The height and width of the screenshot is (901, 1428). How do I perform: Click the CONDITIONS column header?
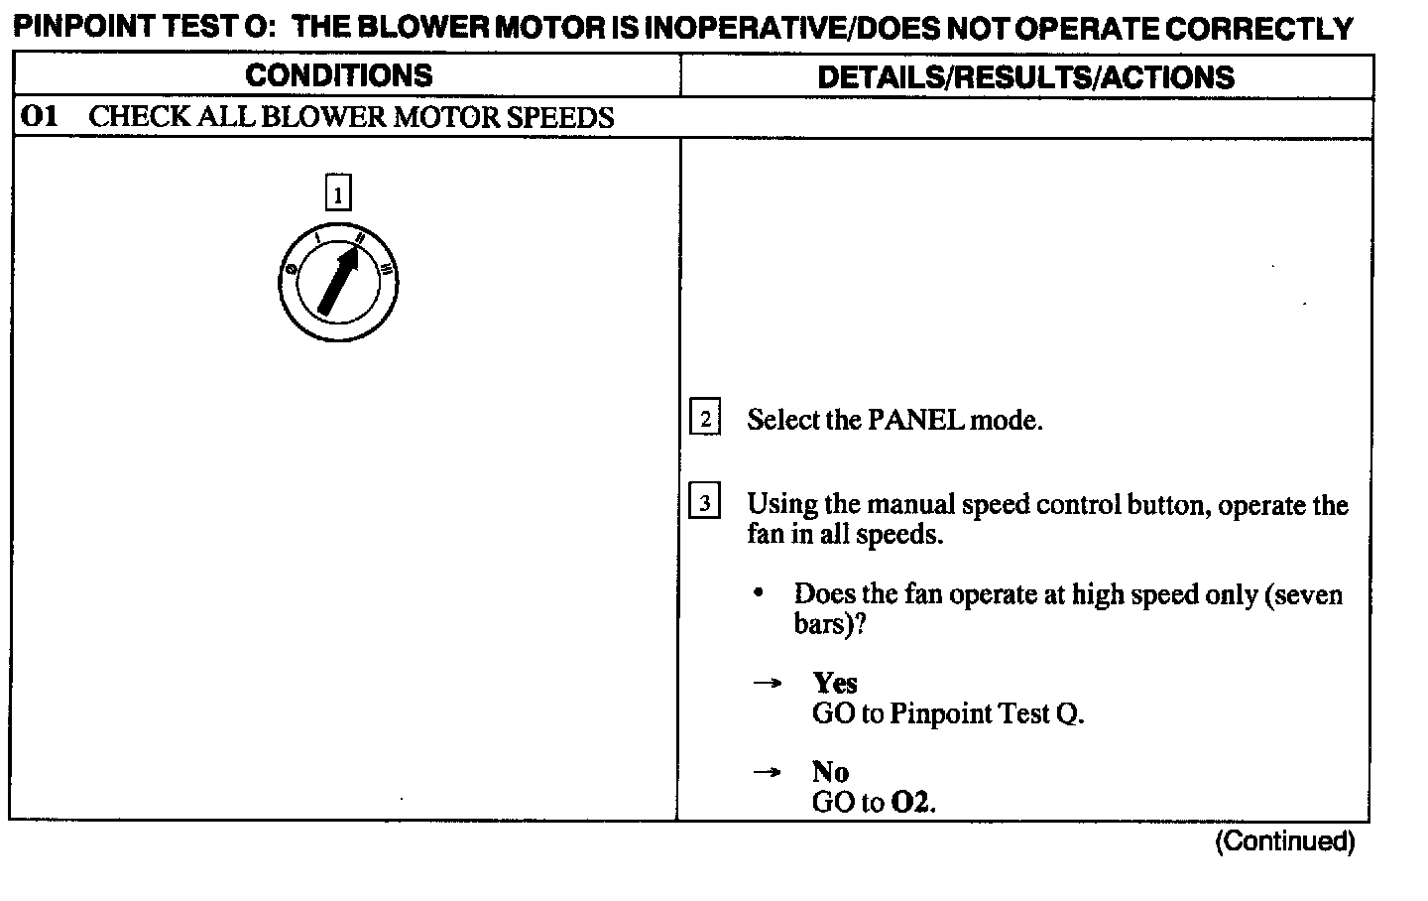(339, 75)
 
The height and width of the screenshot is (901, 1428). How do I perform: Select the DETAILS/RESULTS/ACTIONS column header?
(1025, 77)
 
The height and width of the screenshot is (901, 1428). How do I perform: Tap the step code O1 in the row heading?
(41, 117)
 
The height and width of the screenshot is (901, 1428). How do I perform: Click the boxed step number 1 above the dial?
(338, 193)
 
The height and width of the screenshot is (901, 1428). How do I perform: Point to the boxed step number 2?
(704, 419)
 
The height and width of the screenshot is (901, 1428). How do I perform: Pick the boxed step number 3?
(704, 503)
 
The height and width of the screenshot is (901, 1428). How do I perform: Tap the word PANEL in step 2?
(915, 420)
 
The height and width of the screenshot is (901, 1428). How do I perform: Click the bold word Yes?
(835, 683)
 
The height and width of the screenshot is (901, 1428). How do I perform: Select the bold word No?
(830, 772)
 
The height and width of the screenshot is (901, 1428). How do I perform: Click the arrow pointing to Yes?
(767, 684)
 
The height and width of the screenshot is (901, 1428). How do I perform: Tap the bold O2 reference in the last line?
(912, 802)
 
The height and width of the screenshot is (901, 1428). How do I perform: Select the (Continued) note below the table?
(1284, 841)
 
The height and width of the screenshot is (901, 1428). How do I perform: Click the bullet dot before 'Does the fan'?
(759, 594)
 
